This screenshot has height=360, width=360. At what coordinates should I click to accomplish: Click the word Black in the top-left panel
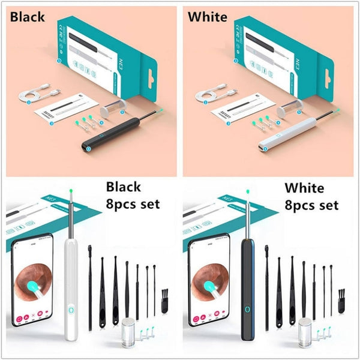pos(27,16)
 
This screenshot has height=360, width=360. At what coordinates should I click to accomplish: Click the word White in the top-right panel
pos(208,16)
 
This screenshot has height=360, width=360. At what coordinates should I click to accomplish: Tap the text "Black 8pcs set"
pos(133,196)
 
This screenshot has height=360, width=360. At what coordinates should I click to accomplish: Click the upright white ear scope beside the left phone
pos(71,282)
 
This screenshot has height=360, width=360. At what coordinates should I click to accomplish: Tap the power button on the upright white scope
pos(71,311)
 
